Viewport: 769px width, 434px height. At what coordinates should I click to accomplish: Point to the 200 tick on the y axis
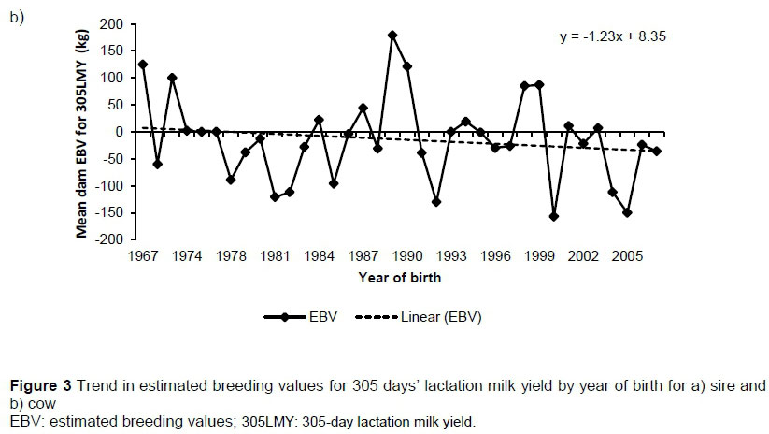(113, 23)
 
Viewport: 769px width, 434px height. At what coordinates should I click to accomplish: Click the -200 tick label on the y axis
(111, 240)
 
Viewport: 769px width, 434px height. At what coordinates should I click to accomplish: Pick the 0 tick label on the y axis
(120, 132)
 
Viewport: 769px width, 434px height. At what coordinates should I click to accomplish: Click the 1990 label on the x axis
(406, 254)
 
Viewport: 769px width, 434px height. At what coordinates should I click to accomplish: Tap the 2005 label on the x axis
(626, 254)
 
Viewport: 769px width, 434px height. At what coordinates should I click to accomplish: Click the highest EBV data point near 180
(392, 35)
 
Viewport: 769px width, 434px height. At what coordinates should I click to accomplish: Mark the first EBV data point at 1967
(142, 65)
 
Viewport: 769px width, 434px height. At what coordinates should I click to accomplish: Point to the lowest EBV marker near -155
(553, 216)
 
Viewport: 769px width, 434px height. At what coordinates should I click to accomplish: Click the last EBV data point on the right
(657, 152)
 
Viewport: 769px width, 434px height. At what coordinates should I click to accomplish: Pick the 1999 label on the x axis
(538, 254)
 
